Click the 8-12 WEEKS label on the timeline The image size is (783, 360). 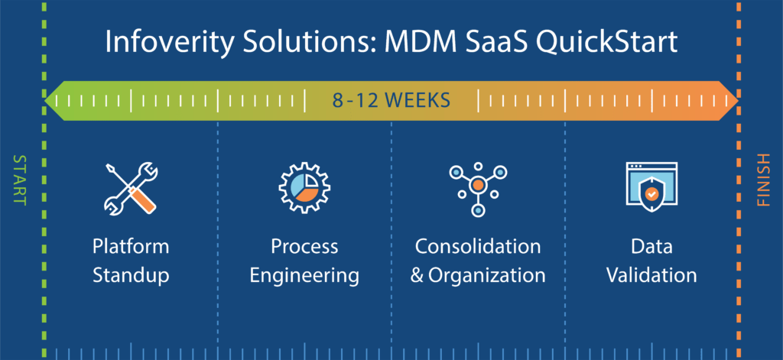point(391,101)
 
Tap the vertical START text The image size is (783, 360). point(18,180)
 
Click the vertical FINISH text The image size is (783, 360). point(764,180)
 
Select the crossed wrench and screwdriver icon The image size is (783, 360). point(131,189)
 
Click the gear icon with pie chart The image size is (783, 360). point(304,189)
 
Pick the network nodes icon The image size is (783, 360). point(478,189)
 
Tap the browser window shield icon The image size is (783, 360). point(651,187)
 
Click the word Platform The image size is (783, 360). point(131,247)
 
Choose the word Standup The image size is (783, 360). point(131,276)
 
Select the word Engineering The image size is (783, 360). point(304,276)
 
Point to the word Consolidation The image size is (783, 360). point(478,247)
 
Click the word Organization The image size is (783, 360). point(486,276)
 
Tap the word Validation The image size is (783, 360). point(651,276)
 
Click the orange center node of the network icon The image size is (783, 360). point(478,185)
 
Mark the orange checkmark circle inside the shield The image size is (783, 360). point(651,193)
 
